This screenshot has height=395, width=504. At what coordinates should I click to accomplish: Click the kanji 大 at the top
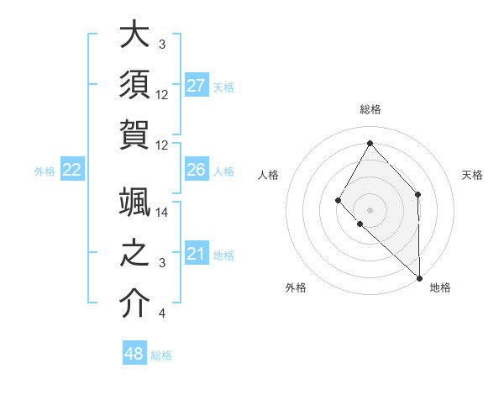click(x=134, y=35)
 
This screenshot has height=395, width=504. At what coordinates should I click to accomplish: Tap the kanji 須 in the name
click(x=134, y=84)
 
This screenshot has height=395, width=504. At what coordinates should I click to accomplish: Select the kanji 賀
click(x=134, y=134)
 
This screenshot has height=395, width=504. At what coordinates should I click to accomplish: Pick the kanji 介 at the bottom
click(x=134, y=303)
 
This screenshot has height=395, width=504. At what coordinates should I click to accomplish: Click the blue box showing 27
click(x=197, y=86)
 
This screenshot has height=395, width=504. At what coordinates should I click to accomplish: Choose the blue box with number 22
click(x=72, y=171)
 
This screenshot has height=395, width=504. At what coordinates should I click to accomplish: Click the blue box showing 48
click(x=134, y=354)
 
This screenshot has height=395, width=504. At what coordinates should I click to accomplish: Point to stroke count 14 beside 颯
click(x=162, y=213)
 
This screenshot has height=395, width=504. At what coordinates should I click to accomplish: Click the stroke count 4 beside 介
click(x=162, y=313)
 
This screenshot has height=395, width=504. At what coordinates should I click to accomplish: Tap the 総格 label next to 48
click(x=161, y=355)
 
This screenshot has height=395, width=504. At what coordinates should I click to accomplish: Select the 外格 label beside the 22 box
click(x=45, y=171)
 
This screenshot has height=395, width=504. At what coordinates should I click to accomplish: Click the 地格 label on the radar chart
click(x=440, y=287)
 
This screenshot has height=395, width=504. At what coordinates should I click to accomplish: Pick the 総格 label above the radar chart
click(x=370, y=109)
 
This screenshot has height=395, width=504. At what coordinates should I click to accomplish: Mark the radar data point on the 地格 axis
click(x=419, y=276)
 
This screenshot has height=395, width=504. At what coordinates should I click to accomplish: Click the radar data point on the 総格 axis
click(x=370, y=143)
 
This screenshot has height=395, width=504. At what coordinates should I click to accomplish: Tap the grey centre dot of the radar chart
click(x=370, y=208)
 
